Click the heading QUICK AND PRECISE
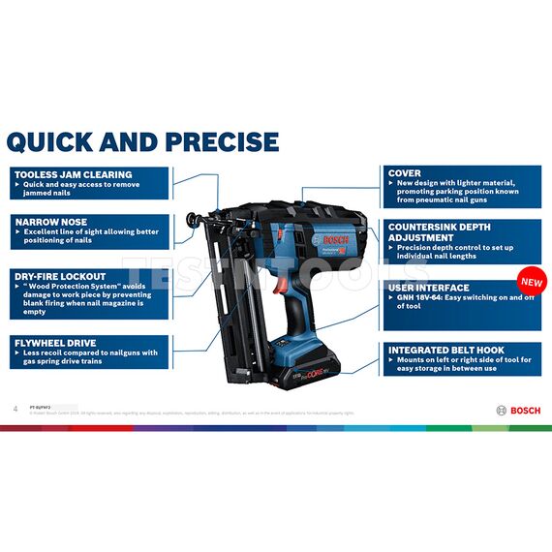pyautogui.click(x=142, y=141)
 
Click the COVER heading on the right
pyautogui.click(x=404, y=173)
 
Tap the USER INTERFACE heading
pyautogui.click(x=428, y=288)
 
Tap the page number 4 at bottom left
pyautogui.click(x=15, y=408)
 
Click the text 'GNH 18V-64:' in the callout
pyautogui.click(x=416, y=298)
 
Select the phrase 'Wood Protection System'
pyautogui.click(x=66, y=287)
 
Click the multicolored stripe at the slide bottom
pyautogui.click(x=276, y=427)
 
